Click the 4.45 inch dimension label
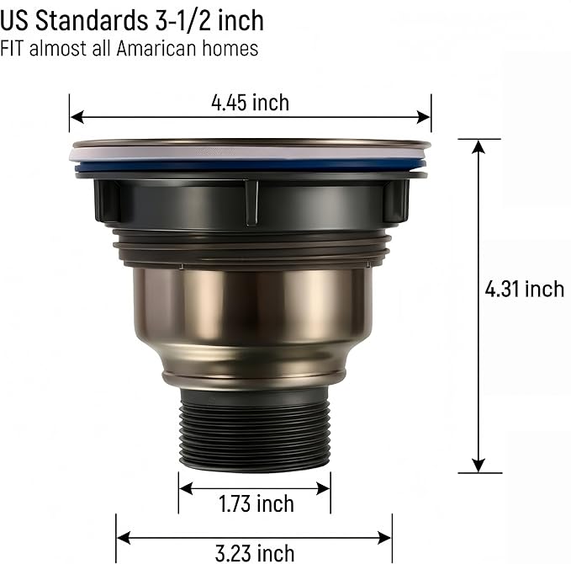250,103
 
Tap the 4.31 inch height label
525,289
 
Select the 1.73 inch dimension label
256,503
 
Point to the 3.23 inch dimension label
255,553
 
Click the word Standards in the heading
92,20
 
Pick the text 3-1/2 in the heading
183,20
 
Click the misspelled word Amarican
157,48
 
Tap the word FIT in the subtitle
13,48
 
